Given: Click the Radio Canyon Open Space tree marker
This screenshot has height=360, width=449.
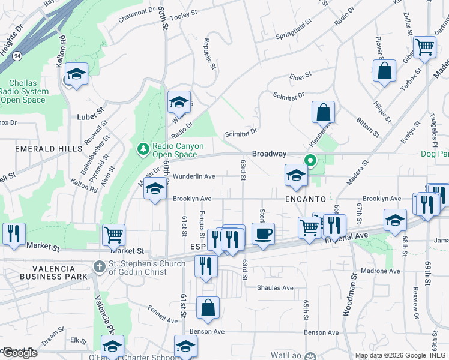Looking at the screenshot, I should coord(143,148).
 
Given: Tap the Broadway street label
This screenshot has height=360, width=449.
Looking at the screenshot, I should coord(268,154).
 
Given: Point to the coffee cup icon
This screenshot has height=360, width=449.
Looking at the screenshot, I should coord(263,233).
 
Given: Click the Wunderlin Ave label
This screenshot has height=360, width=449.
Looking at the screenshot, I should coord(193,176).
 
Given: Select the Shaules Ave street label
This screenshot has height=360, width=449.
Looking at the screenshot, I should coord(275,288).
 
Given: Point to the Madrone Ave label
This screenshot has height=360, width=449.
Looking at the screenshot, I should coord(381,271).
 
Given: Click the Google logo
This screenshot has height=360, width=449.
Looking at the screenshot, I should coord(19,353).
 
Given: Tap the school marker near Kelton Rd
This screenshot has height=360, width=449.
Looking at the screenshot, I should coord(76,74).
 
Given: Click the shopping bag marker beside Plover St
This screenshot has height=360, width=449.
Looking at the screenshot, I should coord(384,70).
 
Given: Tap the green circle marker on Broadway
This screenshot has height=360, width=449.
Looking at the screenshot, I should coord(310,160).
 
